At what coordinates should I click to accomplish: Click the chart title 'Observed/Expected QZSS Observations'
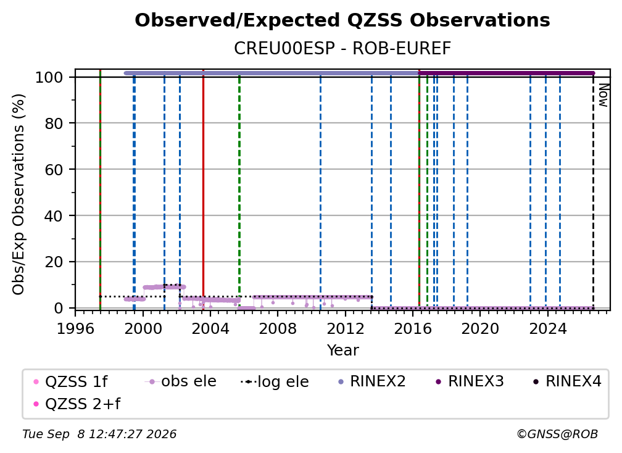[x=342, y=20]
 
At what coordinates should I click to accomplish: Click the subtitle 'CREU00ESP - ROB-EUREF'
[x=342, y=48]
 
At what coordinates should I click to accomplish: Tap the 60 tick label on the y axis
[x=54, y=169]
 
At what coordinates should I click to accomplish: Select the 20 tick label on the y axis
[x=54, y=262]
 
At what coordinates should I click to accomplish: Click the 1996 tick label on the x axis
[x=75, y=328]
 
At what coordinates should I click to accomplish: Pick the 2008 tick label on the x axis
[x=278, y=328]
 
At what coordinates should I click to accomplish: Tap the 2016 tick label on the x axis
[x=413, y=328]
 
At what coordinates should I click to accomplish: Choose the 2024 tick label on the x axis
[x=547, y=328]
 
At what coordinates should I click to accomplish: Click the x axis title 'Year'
[x=342, y=351]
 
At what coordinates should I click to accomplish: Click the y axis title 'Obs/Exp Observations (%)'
[x=19, y=194]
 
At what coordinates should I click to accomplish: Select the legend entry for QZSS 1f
[x=70, y=381]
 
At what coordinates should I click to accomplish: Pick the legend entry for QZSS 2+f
[x=77, y=404]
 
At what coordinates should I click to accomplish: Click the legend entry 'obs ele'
[x=180, y=381]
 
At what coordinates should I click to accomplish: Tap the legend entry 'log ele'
[x=275, y=381]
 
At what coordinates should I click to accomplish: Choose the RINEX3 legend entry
[x=470, y=381]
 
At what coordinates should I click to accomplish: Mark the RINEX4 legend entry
[x=567, y=381]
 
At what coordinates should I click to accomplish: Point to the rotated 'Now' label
[x=603, y=95]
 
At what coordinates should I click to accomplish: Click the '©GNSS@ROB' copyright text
[x=557, y=434]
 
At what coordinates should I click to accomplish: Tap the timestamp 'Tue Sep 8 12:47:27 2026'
[x=99, y=434]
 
